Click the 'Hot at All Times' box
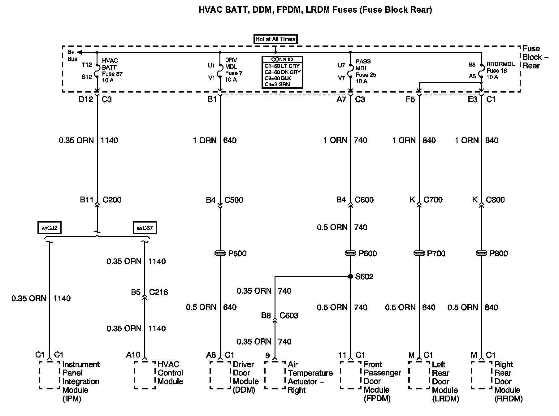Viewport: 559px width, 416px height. [x=275, y=39]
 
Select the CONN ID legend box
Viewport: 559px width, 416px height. [x=282, y=72]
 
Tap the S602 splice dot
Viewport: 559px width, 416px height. [x=350, y=276]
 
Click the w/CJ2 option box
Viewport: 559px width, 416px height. [x=49, y=228]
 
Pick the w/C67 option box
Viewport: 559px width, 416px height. [x=145, y=228]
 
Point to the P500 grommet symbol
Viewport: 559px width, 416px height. [x=220, y=253]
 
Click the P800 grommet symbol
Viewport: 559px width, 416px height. [x=481, y=253]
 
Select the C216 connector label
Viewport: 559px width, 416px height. [x=158, y=292]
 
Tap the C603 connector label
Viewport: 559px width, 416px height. [x=289, y=315]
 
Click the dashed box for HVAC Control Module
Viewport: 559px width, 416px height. [x=145, y=375]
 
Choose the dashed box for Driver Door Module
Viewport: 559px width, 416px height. [x=220, y=375]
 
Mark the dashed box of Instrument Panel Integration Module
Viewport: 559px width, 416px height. [x=50, y=375]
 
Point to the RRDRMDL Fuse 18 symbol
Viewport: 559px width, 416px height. [x=481, y=71]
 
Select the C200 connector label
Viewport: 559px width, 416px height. [x=112, y=200]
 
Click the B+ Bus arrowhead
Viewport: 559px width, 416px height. [x=80, y=52]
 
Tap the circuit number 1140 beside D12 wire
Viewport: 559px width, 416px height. [x=109, y=141]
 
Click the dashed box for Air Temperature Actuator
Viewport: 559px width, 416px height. [x=275, y=375]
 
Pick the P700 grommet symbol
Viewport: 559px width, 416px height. [x=419, y=253]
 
